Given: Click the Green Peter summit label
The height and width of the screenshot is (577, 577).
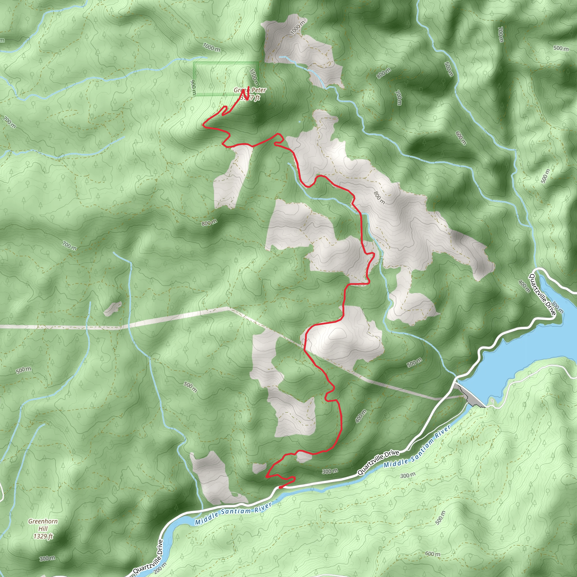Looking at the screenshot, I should (250, 90).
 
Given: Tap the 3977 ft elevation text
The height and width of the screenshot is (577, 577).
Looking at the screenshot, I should (250, 97).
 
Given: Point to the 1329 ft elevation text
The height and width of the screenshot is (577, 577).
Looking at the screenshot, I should (43, 536).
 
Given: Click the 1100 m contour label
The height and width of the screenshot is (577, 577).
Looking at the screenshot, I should (254, 78).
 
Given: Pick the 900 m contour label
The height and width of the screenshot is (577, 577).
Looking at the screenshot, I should (193, 88).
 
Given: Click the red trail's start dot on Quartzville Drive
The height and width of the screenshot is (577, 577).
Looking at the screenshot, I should (280, 487).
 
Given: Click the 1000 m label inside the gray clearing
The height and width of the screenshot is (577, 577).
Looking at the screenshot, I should (298, 28).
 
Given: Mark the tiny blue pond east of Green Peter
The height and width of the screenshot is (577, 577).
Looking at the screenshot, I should (299, 122).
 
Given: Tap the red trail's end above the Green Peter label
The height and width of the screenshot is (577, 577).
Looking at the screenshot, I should (249, 87).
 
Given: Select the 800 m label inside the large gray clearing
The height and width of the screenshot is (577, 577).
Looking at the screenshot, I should (379, 198).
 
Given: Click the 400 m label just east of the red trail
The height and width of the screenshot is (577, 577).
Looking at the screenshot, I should (361, 416).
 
